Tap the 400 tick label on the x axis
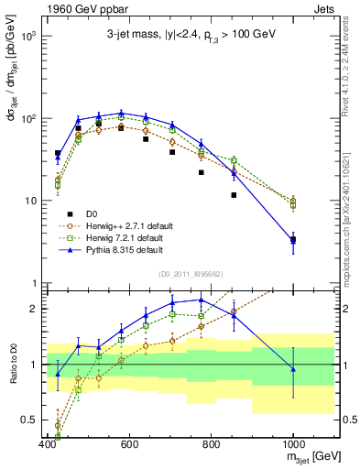(x=47, y=444)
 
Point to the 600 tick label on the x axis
(x=129, y=444)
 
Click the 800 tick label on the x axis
(x=211, y=444)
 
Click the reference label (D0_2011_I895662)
(x=186, y=273)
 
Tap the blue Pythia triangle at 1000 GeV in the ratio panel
(x=293, y=368)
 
